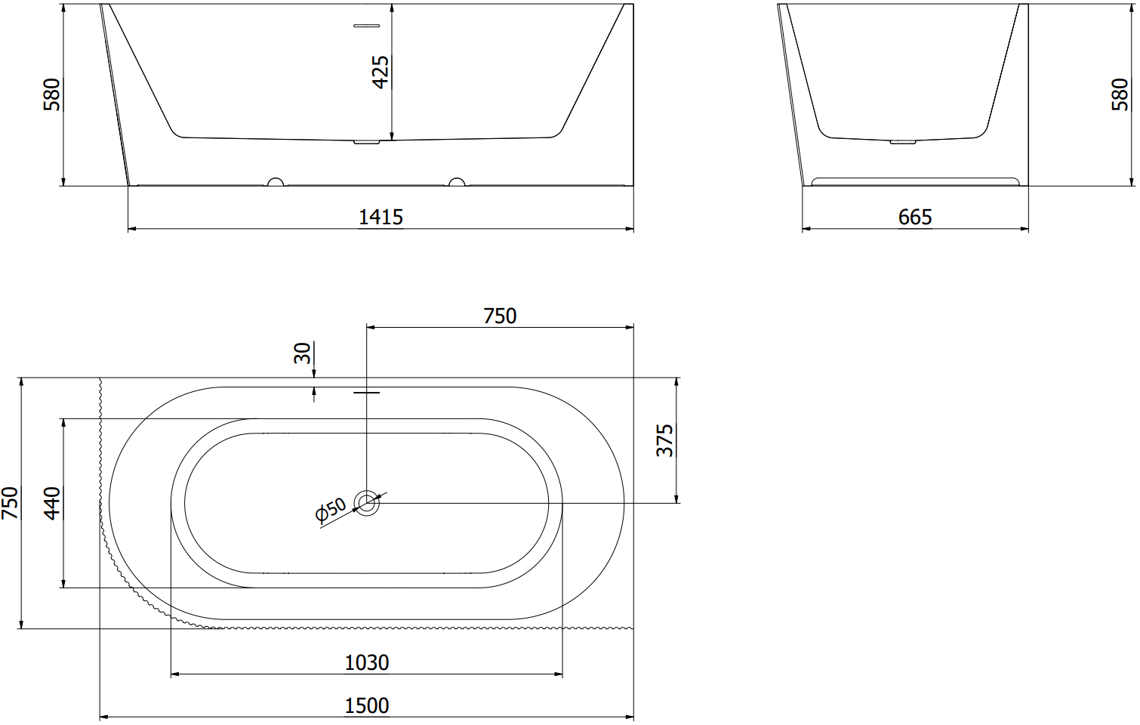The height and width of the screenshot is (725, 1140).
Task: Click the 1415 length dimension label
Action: (x=381, y=217)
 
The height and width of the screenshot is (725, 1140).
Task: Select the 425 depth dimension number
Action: (x=381, y=72)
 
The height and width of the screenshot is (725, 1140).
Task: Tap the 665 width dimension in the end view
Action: (x=915, y=217)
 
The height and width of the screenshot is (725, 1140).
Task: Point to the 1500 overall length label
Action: (x=366, y=706)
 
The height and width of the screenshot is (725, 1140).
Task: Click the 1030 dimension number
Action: (x=366, y=663)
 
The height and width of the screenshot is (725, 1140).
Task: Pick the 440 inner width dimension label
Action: (x=52, y=503)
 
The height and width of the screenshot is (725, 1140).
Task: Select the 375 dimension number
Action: (x=664, y=440)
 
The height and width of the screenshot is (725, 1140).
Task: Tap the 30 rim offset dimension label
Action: (x=302, y=353)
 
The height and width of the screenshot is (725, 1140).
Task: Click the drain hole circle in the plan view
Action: (x=366, y=503)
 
